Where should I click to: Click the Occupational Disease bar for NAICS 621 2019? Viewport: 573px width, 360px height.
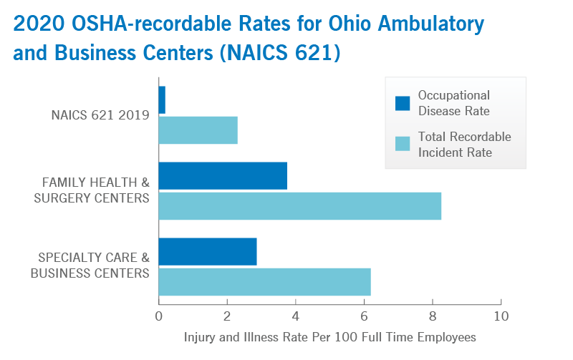point(162,99)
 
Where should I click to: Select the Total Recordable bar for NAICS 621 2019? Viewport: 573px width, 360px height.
point(198,130)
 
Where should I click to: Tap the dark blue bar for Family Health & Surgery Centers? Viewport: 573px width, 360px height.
point(223,175)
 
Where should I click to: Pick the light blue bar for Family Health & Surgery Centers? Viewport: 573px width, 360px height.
point(299,206)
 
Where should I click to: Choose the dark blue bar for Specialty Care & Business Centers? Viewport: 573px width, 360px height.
point(208,251)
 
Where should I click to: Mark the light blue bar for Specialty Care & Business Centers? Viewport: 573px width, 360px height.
point(264,281)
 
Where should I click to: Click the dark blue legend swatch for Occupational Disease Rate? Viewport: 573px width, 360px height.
point(403,103)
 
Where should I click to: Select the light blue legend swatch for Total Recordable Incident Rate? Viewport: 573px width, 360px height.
point(403,144)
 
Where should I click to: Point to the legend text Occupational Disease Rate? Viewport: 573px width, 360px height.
point(454,103)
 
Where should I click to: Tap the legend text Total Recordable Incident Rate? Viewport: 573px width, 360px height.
point(464,144)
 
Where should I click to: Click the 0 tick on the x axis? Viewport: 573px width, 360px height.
point(158,316)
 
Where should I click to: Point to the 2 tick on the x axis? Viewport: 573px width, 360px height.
point(227,316)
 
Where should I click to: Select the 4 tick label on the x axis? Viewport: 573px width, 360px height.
point(295,316)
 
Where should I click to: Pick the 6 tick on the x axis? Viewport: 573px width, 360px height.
point(364,316)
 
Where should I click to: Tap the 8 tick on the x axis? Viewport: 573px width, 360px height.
point(433,316)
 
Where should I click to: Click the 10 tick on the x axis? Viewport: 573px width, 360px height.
point(501,316)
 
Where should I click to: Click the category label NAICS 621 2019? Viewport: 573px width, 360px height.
point(100,115)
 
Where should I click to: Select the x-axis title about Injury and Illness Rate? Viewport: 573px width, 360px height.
point(329,336)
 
